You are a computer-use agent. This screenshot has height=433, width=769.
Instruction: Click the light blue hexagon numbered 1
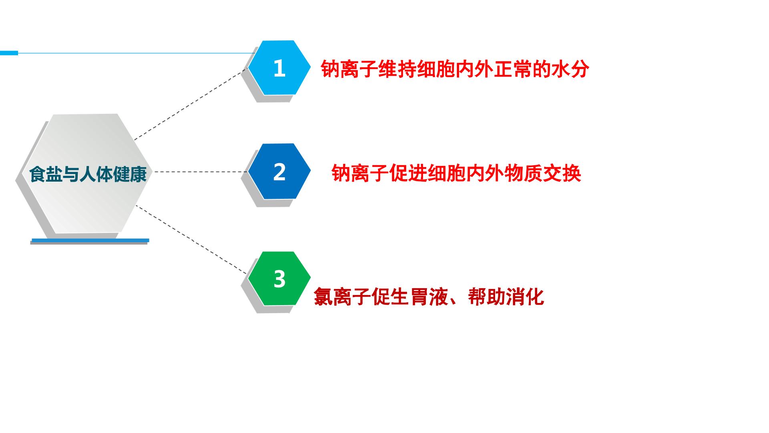click(x=279, y=68)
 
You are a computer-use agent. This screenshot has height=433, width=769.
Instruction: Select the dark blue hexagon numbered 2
click(x=279, y=171)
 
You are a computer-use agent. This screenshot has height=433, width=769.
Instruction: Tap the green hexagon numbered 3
click(x=279, y=279)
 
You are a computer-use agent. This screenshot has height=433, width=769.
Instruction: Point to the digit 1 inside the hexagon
click(x=279, y=68)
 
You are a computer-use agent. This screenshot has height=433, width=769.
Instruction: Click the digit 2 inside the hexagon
click(x=279, y=172)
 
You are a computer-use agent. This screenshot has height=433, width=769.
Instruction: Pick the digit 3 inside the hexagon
click(x=280, y=279)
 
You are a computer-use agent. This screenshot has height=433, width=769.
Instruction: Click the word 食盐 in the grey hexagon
click(x=45, y=174)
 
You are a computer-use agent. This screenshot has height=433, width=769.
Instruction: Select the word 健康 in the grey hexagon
click(x=130, y=174)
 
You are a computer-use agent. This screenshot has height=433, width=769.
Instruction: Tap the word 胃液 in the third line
click(x=429, y=297)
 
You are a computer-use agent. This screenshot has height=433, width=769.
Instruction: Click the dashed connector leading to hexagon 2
click(x=201, y=172)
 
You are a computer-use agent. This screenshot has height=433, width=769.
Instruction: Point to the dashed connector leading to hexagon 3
click(x=191, y=239)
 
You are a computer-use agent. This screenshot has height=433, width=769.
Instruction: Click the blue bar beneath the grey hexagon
click(x=91, y=241)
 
